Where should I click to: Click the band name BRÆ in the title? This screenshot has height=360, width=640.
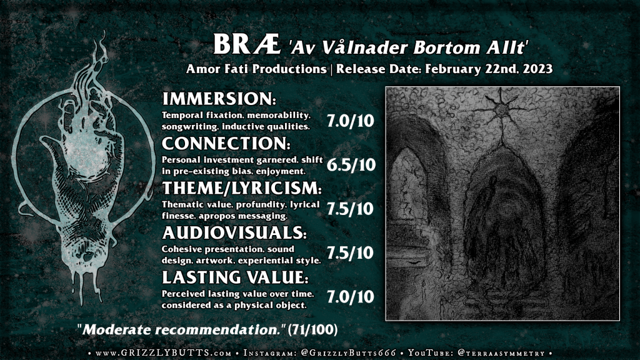pos(247,44)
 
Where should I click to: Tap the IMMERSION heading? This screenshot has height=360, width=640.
pos(219,99)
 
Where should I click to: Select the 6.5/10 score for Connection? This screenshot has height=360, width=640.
pos(351,164)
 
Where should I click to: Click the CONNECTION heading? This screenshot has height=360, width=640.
pos(226,144)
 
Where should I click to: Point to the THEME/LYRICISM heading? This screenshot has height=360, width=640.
pos(242,188)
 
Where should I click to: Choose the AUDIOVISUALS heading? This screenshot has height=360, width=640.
pos(234,232)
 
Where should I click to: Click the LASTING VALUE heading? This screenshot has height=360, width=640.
pos(235,277)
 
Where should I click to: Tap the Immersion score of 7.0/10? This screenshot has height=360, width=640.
pos(350,121)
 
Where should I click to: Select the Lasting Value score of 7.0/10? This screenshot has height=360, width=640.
pos(350,297)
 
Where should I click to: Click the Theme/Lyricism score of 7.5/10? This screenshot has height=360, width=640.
pos(350,209)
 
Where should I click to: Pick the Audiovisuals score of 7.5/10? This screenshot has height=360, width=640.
pos(350,252)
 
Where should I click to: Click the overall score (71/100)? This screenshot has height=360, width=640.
pos(312,330)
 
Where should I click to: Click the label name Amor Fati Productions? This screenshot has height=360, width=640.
pos(256,69)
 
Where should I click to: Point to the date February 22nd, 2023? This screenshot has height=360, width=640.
pos(489,69)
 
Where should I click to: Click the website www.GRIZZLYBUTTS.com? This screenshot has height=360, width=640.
pos(164,353)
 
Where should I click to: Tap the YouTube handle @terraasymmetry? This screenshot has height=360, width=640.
pos(501,353)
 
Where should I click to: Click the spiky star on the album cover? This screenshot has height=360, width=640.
pos(501,109)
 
